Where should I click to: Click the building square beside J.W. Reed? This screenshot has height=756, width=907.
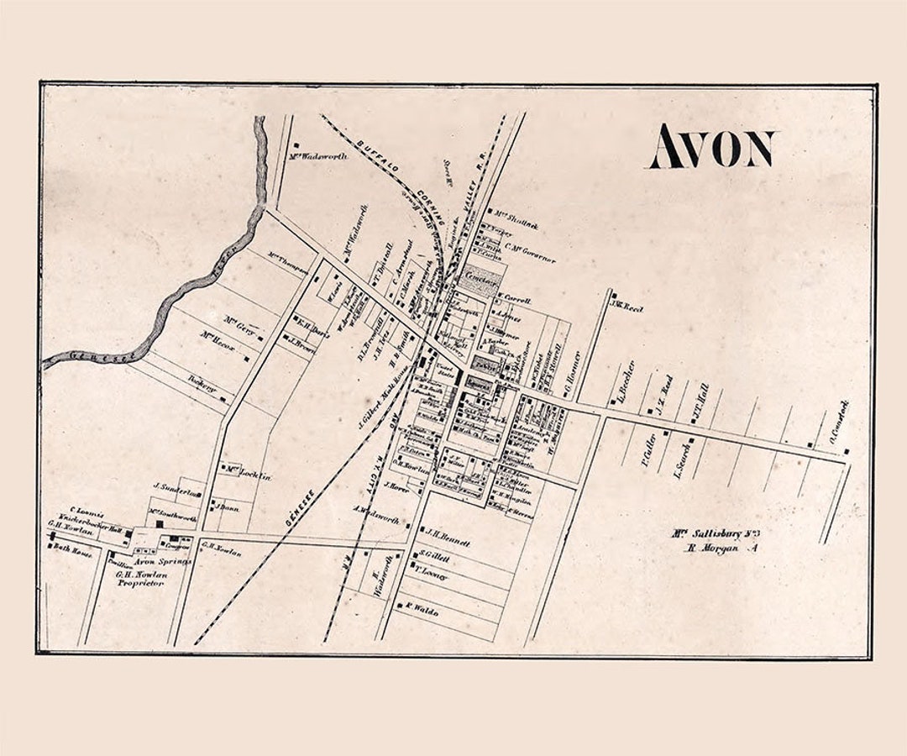[x=613, y=296]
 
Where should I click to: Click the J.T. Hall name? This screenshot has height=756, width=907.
[x=700, y=398]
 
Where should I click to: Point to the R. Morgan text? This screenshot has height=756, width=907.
[x=710, y=549]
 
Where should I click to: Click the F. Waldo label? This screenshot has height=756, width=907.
[x=423, y=612]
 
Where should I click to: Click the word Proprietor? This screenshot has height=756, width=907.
[x=139, y=582]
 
